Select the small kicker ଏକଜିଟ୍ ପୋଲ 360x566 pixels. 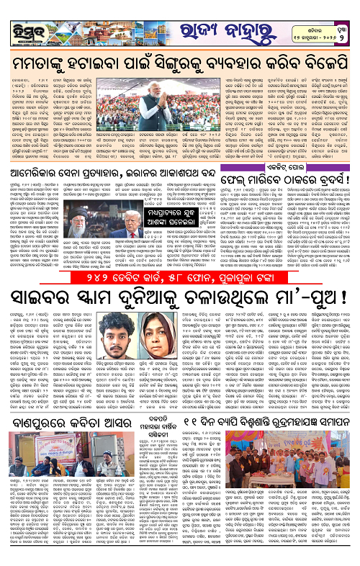[295, 163]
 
